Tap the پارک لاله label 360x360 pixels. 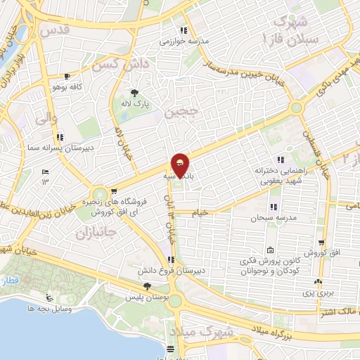click(x=135, y=104)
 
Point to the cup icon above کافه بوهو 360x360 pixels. click(x=67, y=77)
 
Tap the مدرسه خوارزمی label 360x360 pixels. click(x=185, y=41)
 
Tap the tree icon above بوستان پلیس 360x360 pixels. click(x=146, y=286)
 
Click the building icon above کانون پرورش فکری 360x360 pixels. click(x=271, y=251)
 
